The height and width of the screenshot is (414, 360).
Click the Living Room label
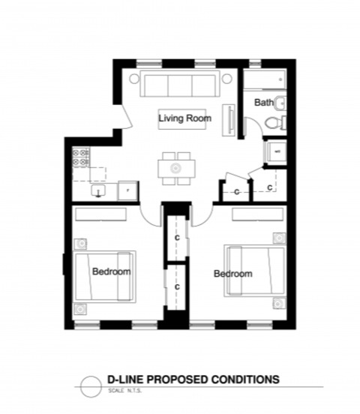tap(184, 118)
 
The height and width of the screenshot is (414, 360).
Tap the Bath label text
tap(263, 102)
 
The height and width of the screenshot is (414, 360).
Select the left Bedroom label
tap(112, 271)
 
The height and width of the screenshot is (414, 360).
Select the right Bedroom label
tap(233, 274)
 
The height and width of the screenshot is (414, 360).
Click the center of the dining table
tap(177, 167)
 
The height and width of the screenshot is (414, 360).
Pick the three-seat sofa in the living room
tap(180, 84)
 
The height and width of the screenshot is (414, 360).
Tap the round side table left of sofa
tap(134, 78)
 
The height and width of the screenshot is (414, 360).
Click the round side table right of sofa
tap(226, 78)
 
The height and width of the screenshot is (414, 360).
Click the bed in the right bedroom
tap(255, 270)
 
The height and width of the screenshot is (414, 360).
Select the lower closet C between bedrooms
tap(177, 286)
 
